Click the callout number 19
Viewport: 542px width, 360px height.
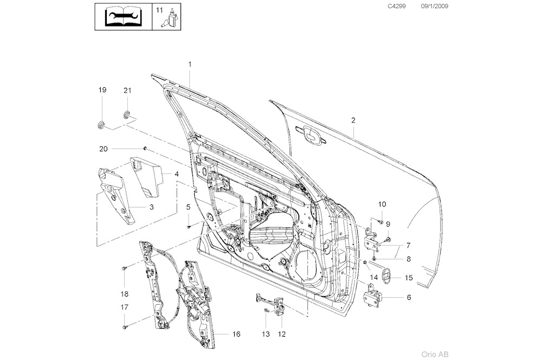(102, 90)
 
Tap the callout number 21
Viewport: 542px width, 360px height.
(127, 90)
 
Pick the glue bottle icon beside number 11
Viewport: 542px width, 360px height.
(172, 17)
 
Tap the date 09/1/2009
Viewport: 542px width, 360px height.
(435, 6)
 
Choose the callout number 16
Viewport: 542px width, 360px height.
(236, 335)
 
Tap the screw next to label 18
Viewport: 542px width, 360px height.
(124, 268)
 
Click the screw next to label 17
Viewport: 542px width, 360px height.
(124, 327)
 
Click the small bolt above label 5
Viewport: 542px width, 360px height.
(188, 226)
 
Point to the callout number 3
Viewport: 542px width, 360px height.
(151, 207)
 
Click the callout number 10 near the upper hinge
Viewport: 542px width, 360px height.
(382, 204)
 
